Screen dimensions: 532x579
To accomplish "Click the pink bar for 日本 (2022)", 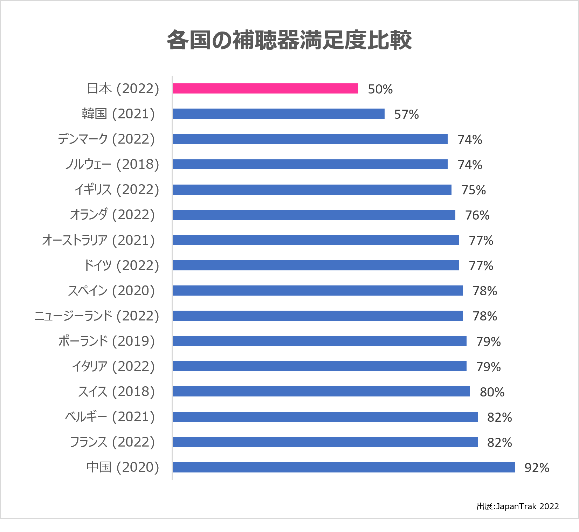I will pyautogui.click(x=265, y=89).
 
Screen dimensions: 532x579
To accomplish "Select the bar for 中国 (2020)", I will pyautogui.click(x=344, y=467).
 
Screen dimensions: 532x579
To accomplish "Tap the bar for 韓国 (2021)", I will pyautogui.click(x=278, y=114).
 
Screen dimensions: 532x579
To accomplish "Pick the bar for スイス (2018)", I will pyautogui.click(x=321, y=392).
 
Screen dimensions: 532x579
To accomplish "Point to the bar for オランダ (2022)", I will pyautogui.click(x=314, y=215).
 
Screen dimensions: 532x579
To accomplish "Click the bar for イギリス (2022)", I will pyautogui.click(x=312, y=189).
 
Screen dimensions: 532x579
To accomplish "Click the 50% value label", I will pyautogui.click(x=380, y=89).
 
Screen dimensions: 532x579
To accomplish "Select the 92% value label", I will pyautogui.click(x=537, y=468).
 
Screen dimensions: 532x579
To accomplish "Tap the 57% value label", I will pyautogui.click(x=406, y=115).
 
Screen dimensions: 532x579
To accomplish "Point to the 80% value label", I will pyautogui.click(x=492, y=392).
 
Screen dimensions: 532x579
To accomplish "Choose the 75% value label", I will pyautogui.click(x=474, y=190).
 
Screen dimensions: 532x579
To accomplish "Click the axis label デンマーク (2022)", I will pyautogui.click(x=106, y=139).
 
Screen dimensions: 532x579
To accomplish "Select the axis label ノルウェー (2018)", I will pyautogui.click(x=112, y=164).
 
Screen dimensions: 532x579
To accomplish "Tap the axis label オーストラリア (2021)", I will pyautogui.click(x=98, y=240).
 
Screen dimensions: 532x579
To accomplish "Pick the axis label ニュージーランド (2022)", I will pyautogui.click(x=97, y=316).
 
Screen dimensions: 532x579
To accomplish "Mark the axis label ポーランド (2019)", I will pyautogui.click(x=106, y=341).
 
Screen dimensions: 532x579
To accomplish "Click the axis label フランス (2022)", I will pyautogui.click(x=112, y=442).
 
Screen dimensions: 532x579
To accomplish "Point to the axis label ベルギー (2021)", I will pyautogui.click(x=110, y=417).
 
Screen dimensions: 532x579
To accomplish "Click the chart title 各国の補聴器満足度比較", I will pyautogui.click(x=289, y=40).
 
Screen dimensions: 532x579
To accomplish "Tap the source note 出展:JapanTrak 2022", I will pyautogui.click(x=518, y=506).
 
